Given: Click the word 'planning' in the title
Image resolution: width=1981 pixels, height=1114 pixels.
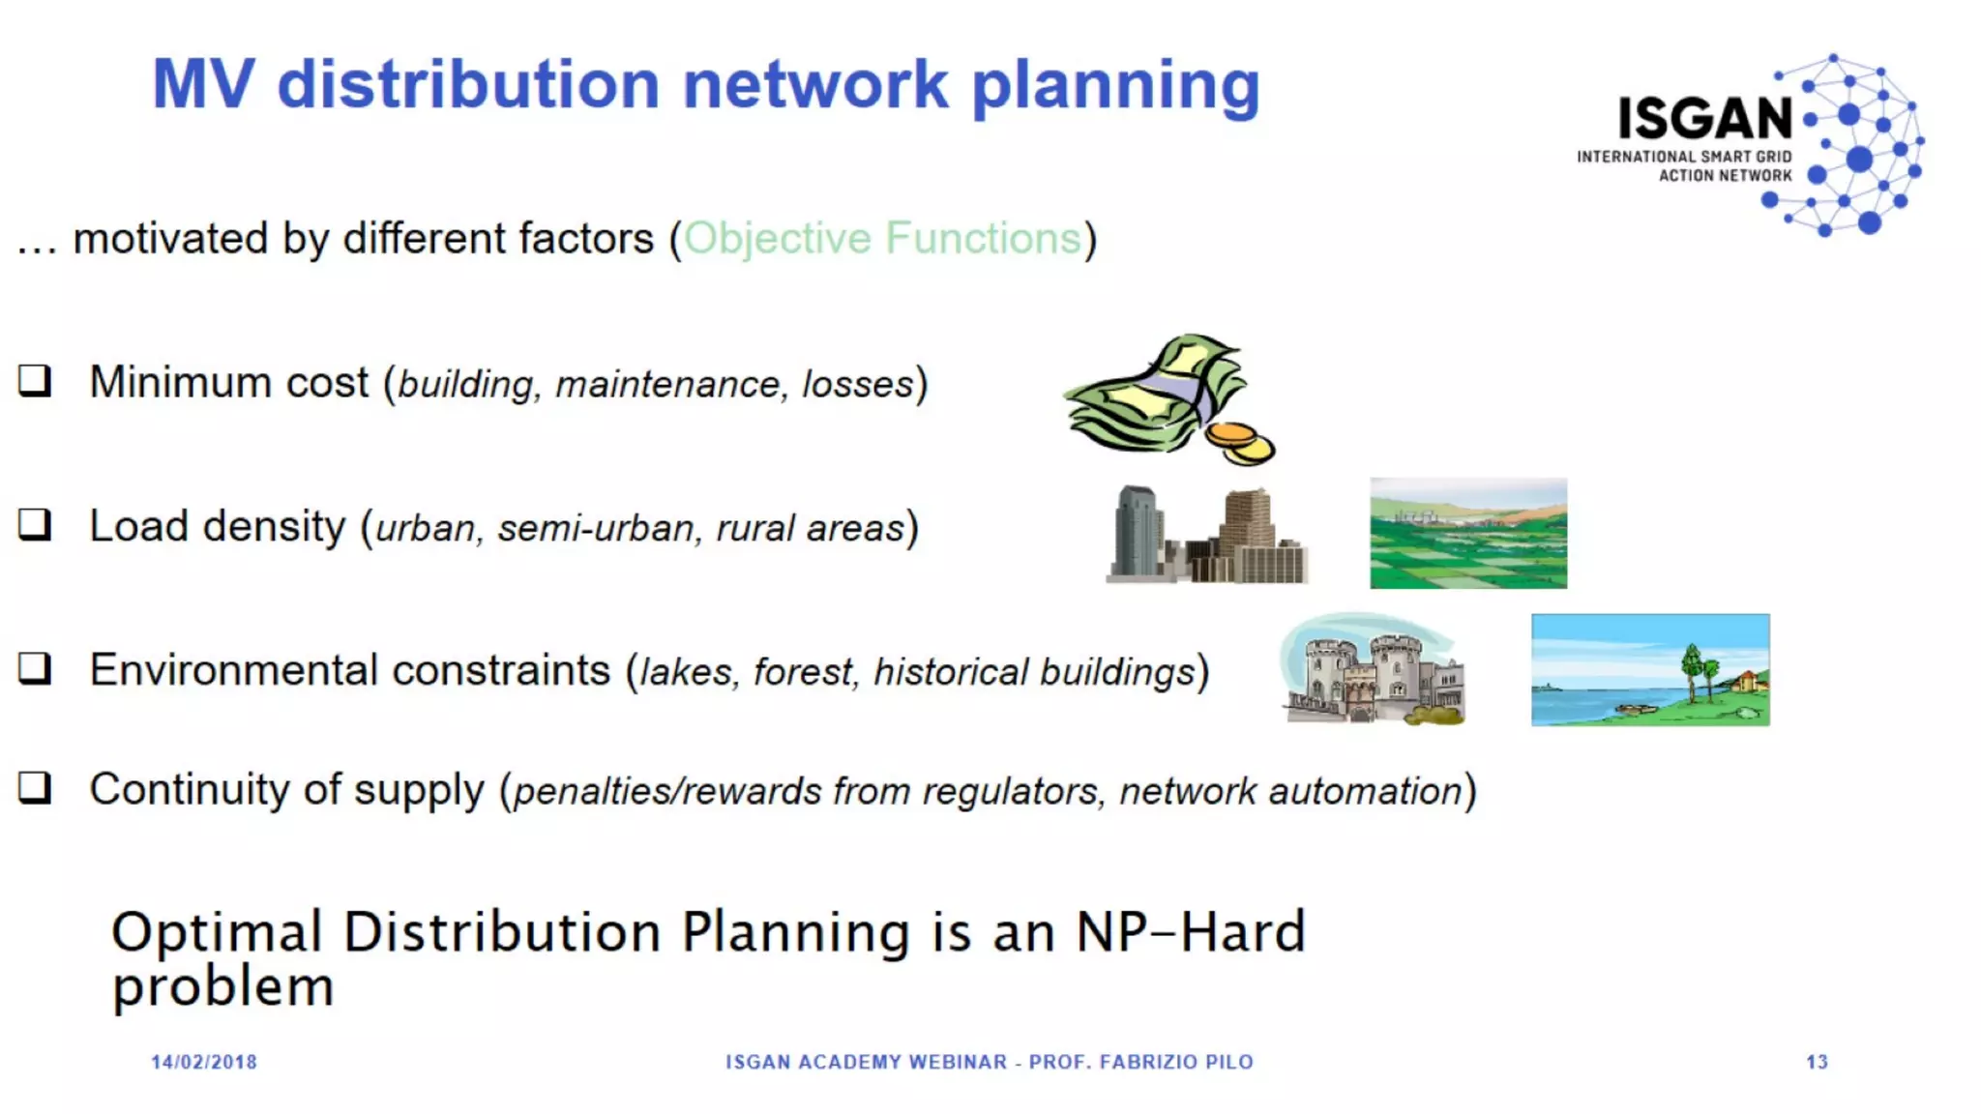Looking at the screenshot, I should [x=1114, y=87].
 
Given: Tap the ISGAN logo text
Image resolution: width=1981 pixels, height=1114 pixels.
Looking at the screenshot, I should [x=1705, y=119].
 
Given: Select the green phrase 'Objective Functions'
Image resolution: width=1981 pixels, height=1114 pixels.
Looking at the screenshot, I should [x=882, y=239].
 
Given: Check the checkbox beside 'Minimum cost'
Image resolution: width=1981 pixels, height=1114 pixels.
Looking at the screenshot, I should [x=35, y=380].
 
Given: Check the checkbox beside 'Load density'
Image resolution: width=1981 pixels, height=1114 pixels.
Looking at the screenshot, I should [x=35, y=524].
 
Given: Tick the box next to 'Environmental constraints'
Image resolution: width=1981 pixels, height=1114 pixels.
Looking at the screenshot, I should [x=35, y=667].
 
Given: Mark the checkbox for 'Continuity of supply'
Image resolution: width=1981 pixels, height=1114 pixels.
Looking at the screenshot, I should [x=35, y=787].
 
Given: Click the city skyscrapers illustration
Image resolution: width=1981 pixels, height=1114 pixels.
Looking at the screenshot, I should [x=1206, y=535].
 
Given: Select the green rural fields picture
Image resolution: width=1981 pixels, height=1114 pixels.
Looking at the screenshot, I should [x=1467, y=533].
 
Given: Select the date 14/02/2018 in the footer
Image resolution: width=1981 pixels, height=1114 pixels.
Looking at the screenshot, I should [x=204, y=1062].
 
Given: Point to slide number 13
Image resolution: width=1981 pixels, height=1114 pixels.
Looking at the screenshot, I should [x=1817, y=1062].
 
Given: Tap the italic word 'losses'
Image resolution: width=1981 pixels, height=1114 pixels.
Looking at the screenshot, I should [x=857, y=385].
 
